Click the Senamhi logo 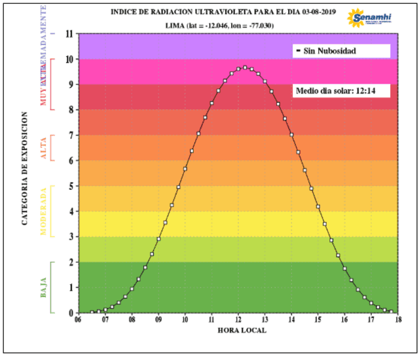point(370,18)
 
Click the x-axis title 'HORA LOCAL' point(242,331)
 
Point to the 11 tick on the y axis point(70,33)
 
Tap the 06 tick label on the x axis point(79,321)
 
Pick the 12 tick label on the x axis point(238,321)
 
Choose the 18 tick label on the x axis point(397,321)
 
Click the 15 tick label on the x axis point(318,321)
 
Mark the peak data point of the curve point(245,67)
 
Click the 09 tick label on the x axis point(158,321)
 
